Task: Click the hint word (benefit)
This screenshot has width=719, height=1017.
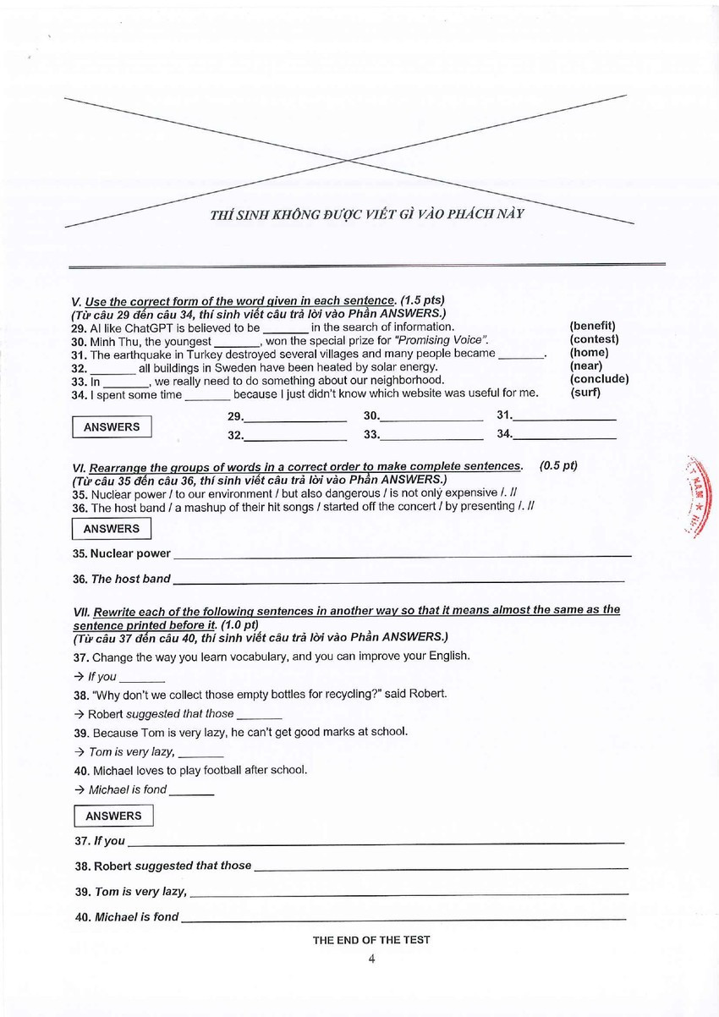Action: [x=592, y=326]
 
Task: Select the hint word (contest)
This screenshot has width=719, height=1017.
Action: [x=594, y=339]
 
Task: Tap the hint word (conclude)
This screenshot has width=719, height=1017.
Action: [x=599, y=379]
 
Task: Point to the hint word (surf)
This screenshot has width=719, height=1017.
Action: [x=585, y=393]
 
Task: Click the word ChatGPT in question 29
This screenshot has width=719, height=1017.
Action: [x=139, y=327]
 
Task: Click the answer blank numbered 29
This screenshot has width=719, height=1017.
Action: [x=295, y=417]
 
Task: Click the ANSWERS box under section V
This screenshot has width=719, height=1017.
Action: [x=112, y=427]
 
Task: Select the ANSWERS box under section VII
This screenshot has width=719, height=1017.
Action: [x=113, y=816]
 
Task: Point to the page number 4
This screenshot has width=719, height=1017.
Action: [x=371, y=959]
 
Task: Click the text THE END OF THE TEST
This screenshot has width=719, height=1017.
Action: [x=371, y=939]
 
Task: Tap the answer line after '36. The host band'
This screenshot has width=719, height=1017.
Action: [x=398, y=580]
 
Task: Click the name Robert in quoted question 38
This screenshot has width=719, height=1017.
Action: [x=428, y=694]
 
